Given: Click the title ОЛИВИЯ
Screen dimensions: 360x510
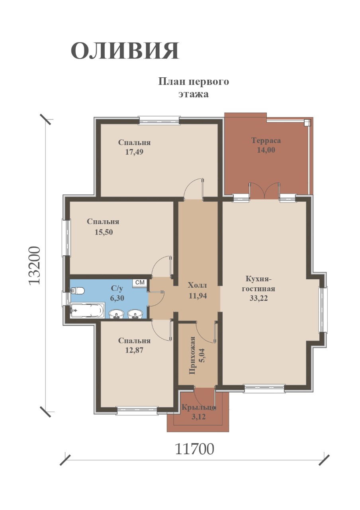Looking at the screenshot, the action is pos(125,51).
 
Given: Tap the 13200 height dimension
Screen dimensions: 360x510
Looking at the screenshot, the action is pos(35,265).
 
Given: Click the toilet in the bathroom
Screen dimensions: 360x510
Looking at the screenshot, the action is pos(78,291).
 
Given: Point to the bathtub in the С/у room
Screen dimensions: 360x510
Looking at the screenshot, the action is pos(88,310).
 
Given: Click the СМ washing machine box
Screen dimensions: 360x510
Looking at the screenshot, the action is pos(140,282).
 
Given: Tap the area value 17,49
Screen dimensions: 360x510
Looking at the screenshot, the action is pos(134,152).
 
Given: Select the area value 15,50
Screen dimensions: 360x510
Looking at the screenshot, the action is pos(104,232).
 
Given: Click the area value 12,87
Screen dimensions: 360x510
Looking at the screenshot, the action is pos(134,350).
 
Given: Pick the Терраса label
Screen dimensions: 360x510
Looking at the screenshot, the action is pos(266,141).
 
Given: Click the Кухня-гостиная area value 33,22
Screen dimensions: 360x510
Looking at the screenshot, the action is pos(258,298).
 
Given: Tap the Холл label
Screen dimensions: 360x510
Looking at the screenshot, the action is pos(198,285).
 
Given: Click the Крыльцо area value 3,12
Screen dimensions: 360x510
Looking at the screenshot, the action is pos(198,416).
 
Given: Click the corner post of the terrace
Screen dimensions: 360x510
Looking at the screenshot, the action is pos(307,123).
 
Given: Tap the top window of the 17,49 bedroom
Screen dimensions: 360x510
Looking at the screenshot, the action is pos(159,120).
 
